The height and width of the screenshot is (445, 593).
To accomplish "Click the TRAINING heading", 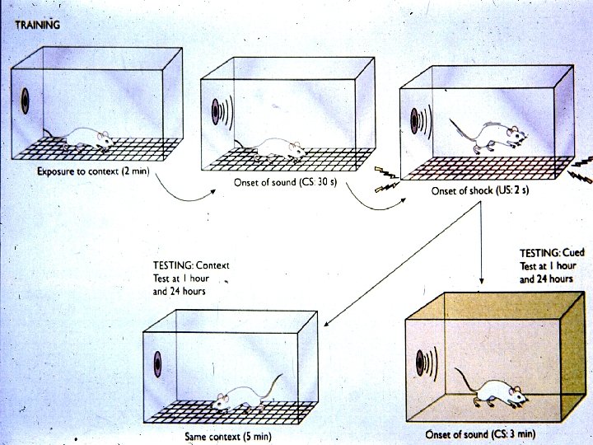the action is (38, 25).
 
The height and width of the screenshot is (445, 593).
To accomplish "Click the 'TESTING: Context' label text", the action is (191, 266).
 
